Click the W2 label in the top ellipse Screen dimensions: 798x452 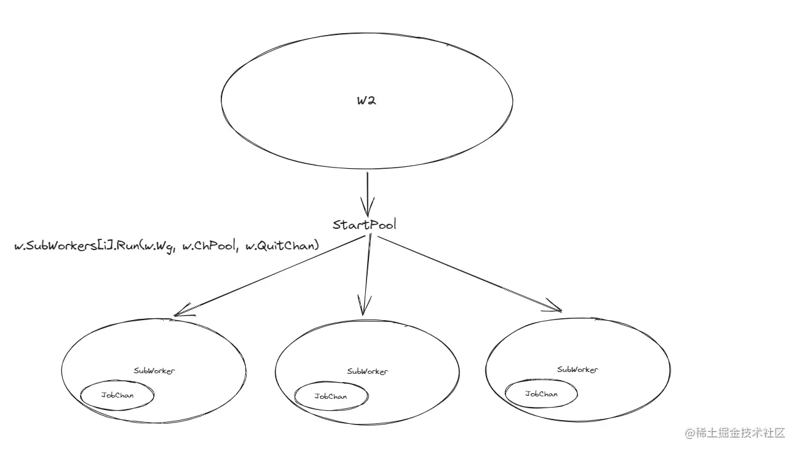click(366, 101)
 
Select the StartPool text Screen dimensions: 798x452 click(365, 225)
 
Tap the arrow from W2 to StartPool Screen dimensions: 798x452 click(367, 194)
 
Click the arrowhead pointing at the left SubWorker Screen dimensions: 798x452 click(183, 310)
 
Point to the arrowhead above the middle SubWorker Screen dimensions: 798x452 click(364, 305)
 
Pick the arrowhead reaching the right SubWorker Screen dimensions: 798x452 click(553, 306)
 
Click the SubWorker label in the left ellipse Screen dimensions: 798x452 click(154, 371)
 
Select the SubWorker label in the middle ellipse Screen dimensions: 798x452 click(368, 371)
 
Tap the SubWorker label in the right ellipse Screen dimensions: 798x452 click(577, 369)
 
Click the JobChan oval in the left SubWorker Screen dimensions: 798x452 click(117, 380)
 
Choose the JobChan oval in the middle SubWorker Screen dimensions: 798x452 click(331, 382)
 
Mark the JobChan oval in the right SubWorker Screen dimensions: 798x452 click(541, 379)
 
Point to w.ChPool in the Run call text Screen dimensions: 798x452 click(209, 246)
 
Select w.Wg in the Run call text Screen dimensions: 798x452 click(158, 247)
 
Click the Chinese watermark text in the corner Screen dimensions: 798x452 click(741, 433)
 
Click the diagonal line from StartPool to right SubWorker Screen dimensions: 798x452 click(470, 274)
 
